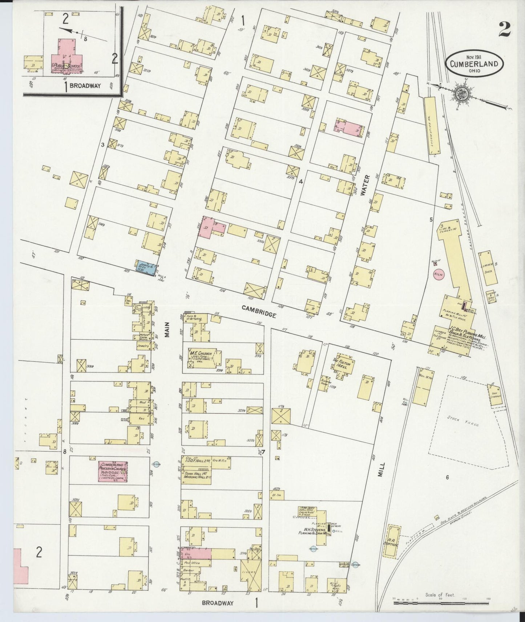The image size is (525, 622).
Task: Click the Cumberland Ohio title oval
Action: click(474, 64)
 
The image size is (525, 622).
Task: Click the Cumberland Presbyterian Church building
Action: click(113, 472)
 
